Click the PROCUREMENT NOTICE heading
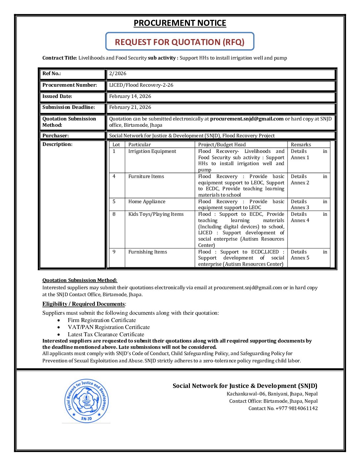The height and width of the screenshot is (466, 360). point(180,23)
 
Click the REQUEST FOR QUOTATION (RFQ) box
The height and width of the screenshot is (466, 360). point(180,42)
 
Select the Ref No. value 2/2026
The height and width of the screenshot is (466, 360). point(118,73)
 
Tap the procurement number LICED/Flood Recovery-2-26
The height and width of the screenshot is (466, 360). point(141,85)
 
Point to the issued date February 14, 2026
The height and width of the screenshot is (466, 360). point(130,96)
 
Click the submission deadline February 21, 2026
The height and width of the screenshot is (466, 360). point(130,107)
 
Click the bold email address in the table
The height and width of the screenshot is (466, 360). point(247,119)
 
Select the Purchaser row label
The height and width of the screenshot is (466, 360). point(56,136)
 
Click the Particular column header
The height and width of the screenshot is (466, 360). point(139,145)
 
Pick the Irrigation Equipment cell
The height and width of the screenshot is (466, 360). point(152,151)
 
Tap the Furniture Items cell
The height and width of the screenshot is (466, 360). point(146,176)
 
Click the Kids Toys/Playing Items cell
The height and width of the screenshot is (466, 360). point(156,214)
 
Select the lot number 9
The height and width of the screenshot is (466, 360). point(114,252)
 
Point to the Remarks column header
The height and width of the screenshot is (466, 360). point(301,145)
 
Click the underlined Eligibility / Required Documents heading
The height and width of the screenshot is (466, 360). point(84,304)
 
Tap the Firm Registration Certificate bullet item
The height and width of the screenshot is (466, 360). point(102,320)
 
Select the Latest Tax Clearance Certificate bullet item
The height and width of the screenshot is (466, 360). point(106,334)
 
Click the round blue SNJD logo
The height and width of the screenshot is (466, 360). point(86,401)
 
